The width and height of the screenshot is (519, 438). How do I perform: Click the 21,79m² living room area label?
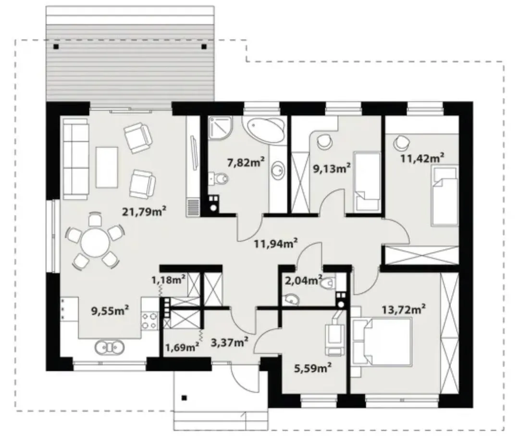point(144,211)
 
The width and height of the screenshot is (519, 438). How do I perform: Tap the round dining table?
point(95,243)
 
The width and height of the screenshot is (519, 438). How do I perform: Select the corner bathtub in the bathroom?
point(264,129)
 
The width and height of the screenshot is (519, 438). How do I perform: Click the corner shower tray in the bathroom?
point(221,128)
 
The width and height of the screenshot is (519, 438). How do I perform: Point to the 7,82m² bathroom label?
point(246,162)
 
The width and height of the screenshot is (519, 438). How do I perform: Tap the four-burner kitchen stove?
point(149,320)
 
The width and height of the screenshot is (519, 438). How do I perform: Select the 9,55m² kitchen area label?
point(110,311)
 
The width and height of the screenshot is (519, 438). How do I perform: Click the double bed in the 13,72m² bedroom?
point(382,341)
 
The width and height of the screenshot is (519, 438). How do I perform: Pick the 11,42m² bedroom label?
point(422,158)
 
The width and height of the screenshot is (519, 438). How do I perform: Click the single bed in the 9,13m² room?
point(367,181)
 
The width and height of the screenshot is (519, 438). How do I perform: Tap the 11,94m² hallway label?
point(276,244)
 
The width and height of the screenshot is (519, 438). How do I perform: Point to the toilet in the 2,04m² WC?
point(328,283)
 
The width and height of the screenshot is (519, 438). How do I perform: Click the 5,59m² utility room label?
point(313,367)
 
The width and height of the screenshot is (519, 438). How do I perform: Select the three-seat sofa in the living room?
point(75,159)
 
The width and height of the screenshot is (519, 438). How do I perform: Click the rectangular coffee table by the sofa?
point(107,168)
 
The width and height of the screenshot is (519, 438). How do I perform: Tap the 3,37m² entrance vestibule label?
point(230,342)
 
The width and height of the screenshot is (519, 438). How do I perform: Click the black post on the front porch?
point(185,398)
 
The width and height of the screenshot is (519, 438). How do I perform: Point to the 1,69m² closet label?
point(182,347)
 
